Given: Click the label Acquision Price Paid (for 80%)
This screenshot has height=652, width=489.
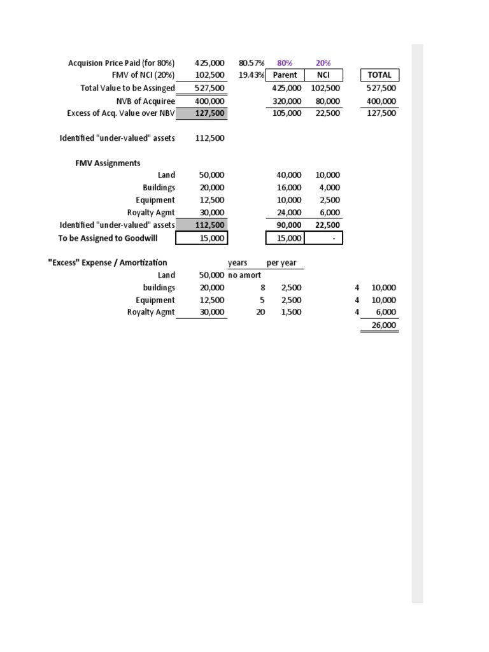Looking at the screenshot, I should [121, 63].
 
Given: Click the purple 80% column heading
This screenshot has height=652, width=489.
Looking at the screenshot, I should [285, 63].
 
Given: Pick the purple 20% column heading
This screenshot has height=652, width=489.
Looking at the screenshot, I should [323, 63].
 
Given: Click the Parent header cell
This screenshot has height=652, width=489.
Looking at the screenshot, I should [285, 75].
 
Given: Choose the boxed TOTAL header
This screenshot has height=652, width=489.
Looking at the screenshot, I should [379, 75].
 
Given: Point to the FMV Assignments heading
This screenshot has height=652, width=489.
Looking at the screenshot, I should [108, 163].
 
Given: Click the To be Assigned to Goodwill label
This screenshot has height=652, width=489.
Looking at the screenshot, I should [117, 237].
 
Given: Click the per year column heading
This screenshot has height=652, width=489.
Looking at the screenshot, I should [281, 262].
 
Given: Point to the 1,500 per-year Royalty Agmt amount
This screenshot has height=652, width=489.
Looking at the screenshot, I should [292, 312].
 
